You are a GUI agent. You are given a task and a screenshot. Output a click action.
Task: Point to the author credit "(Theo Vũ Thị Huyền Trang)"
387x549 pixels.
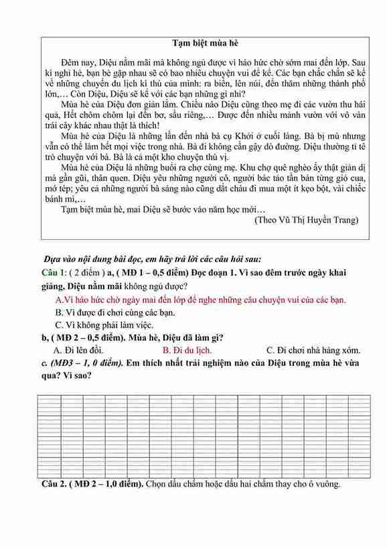coord(307,219)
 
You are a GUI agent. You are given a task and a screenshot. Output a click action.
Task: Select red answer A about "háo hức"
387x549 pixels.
coord(200,300)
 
